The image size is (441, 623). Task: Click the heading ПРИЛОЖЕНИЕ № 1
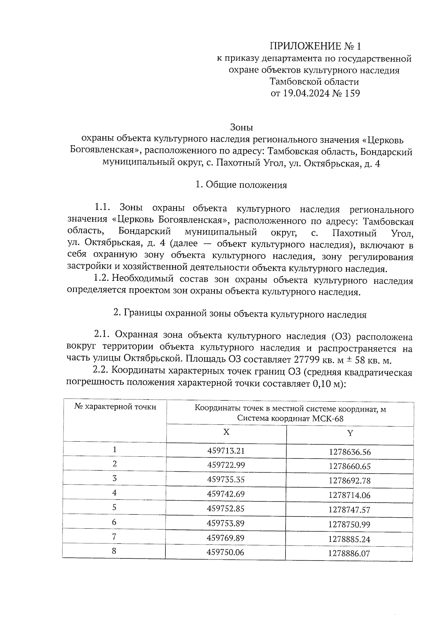[x=315, y=46]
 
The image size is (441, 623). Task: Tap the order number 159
[x=352, y=93]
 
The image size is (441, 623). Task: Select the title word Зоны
[x=241, y=127]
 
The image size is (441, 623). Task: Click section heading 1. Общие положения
[x=241, y=185]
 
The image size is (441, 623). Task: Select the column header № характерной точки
[x=115, y=407]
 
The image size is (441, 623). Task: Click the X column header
[x=226, y=432]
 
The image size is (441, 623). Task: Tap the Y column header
[x=350, y=433]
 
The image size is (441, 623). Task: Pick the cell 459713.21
[x=226, y=450]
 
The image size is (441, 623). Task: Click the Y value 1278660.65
[x=349, y=467]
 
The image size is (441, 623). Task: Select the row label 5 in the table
[x=115, y=507]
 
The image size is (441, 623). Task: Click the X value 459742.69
[x=226, y=494]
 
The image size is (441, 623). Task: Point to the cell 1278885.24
[x=349, y=539]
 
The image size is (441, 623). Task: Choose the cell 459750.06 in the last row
[x=226, y=552]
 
